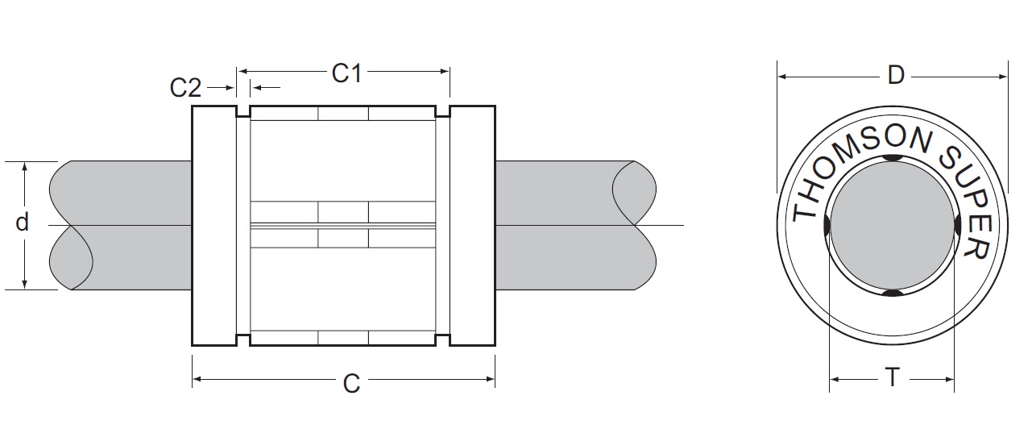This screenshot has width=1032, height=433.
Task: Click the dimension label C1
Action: pos(346,74)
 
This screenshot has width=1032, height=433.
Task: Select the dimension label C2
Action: pos(185,87)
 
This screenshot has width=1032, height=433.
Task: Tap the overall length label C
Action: pos(351,385)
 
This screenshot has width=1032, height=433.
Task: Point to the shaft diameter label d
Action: pos(23,223)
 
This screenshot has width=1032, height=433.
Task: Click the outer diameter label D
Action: pos(896,76)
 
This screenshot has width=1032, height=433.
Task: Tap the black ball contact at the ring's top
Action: pos(892,158)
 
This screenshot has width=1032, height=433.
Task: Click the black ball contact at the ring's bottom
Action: pos(892,293)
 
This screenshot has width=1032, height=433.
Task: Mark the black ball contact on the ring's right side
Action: pos(958,226)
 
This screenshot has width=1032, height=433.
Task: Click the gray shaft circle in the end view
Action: pos(892,226)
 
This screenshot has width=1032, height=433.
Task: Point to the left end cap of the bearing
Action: pos(213,225)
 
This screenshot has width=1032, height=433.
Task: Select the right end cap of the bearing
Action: pos(472,225)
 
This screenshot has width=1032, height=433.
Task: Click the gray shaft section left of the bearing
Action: pos(121,225)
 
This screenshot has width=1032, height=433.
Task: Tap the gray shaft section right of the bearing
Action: pos(564,225)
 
